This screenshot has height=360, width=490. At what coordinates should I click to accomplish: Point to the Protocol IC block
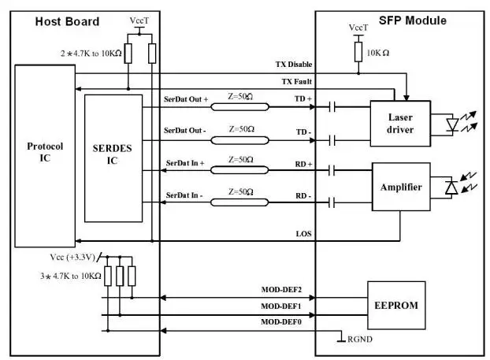tap(44, 152)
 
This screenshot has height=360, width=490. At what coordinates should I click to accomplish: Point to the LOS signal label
tap(304, 235)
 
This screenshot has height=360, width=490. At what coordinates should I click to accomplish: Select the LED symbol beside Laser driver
tap(454, 123)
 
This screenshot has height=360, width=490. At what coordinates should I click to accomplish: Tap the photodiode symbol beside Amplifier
tap(452, 187)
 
